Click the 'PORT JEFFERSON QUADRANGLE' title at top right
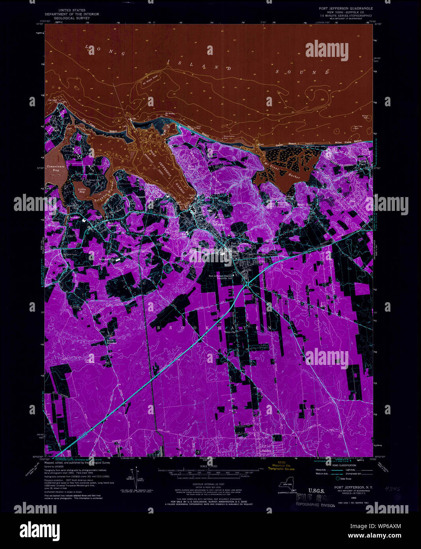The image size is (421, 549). (x=346, y=8)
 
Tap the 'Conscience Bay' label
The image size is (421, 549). (x=55, y=168)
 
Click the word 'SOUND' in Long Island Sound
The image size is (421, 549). (x=303, y=72)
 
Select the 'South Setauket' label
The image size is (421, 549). (x=112, y=342)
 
